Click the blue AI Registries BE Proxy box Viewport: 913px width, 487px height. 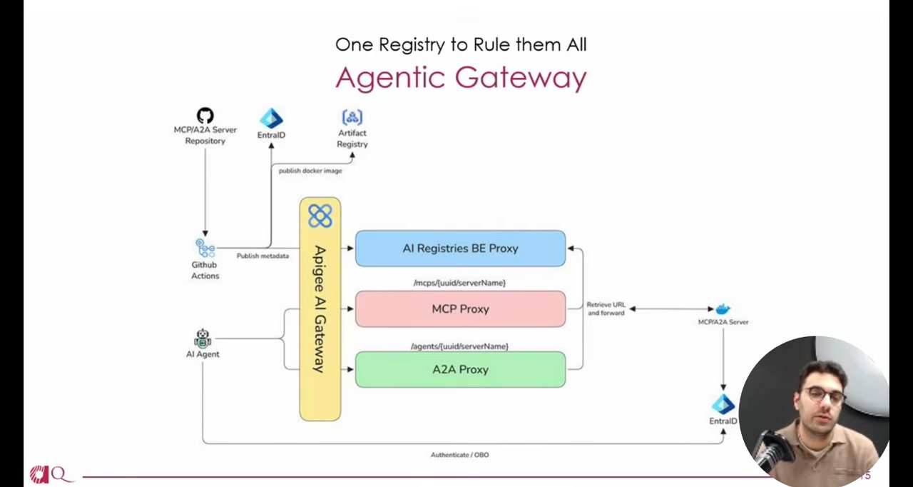point(460,248)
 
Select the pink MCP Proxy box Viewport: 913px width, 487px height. point(460,309)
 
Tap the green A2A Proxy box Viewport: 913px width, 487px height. point(460,370)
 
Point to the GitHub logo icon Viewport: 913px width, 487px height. point(205,116)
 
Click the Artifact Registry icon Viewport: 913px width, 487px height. point(352,117)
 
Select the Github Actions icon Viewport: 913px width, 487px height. point(205,248)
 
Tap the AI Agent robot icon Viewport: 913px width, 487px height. point(203,338)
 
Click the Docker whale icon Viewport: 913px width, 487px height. point(723,309)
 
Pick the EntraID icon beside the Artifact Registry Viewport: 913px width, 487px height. point(271,119)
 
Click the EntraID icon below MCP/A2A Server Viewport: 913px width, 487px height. point(723,404)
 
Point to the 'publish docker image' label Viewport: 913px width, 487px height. point(310,171)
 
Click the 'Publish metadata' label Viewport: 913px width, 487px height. point(262,256)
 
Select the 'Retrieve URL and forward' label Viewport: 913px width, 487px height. point(606,308)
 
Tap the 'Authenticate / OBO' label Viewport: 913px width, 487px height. point(459,455)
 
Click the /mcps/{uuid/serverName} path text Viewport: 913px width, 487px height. point(459,283)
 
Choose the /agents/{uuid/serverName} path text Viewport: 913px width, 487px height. point(459,346)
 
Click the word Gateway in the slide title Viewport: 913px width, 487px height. point(521,78)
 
